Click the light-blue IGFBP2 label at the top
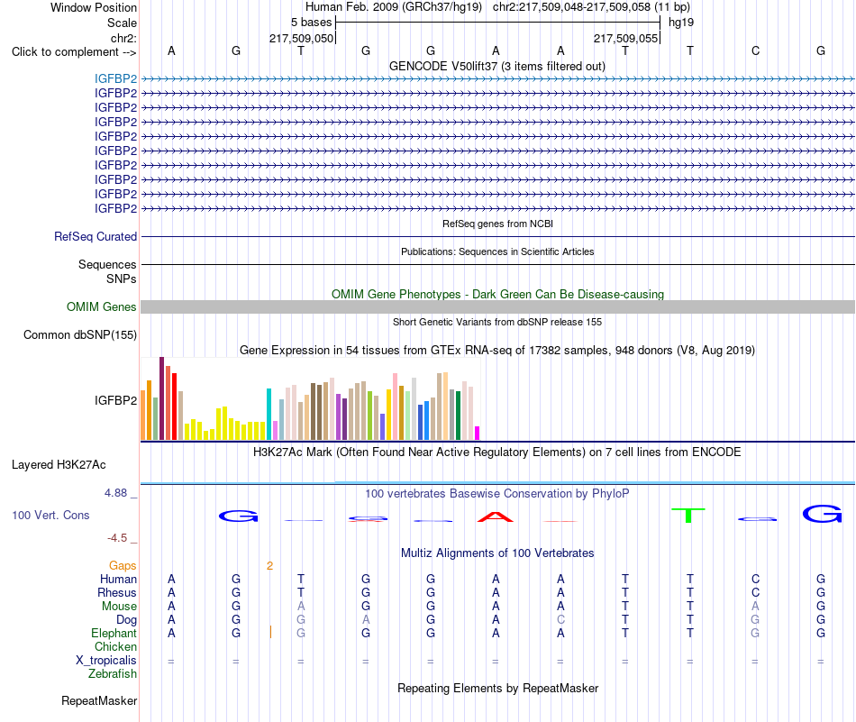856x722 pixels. [115, 78]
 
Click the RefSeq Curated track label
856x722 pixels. [96, 236]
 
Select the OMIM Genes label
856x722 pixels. [102, 307]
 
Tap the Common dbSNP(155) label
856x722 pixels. [80, 334]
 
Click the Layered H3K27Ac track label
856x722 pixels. [59, 465]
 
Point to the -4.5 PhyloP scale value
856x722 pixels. [117, 538]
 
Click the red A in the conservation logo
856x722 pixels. [496, 516]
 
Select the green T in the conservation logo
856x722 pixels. [688, 515]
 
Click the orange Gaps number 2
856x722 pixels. [269, 566]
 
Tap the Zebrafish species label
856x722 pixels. [113, 674]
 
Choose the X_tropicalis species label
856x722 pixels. [106, 661]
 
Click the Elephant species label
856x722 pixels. [114, 633]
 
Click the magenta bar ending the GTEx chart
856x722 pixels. [478, 433]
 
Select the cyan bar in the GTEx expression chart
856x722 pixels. [269, 414]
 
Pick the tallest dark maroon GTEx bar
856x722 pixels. [161, 398]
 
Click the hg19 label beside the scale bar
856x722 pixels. [681, 23]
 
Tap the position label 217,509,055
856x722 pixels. [625, 38]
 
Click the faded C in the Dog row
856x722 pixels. [560, 619]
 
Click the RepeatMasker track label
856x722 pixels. [99, 700]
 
